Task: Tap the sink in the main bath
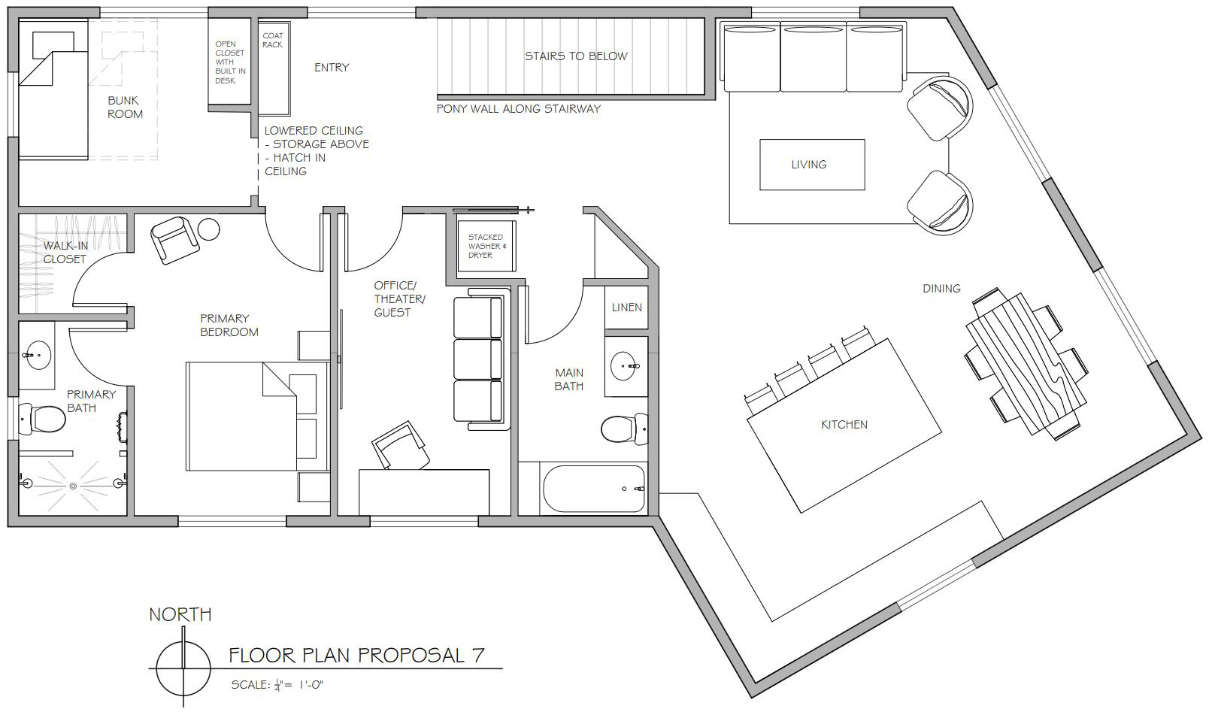[x=624, y=365]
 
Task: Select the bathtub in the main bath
[x=593, y=489]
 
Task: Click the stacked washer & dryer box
[x=486, y=246]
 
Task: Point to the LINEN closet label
[x=626, y=308]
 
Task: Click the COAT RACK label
[x=273, y=40]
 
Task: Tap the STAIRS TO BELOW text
[x=576, y=56]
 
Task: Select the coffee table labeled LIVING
[x=811, y=165]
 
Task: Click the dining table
[x=1026, y=364]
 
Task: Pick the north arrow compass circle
[x=183, y=669]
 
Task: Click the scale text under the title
[x=277, y=685]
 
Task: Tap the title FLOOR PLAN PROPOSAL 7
[x=356, y=656]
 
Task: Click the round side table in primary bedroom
[x=208, y=229]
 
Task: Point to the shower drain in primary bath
[x=73, y=486]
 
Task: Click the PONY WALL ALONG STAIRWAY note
[x=518, y=109]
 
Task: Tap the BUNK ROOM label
[x=125, y=107]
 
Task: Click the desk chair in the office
[x=401, y=446]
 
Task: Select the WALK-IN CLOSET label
[x=65, y=253]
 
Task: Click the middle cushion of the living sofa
[x=814, y=57]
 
